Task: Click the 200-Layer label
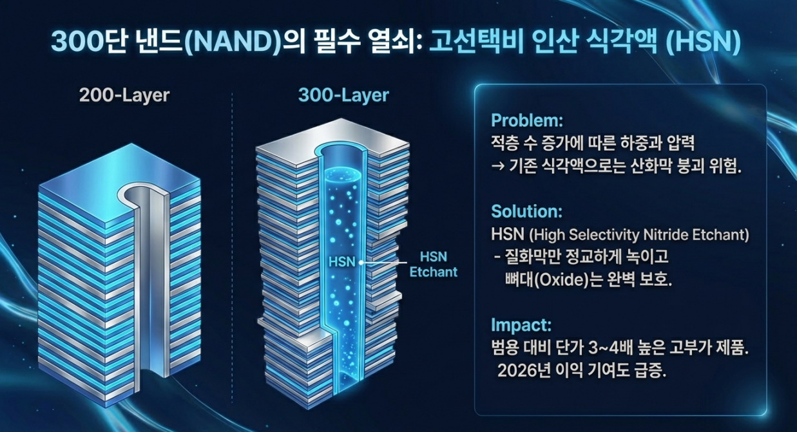point(124,96)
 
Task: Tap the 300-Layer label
point(343,96)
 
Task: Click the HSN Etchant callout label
point(433,264)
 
